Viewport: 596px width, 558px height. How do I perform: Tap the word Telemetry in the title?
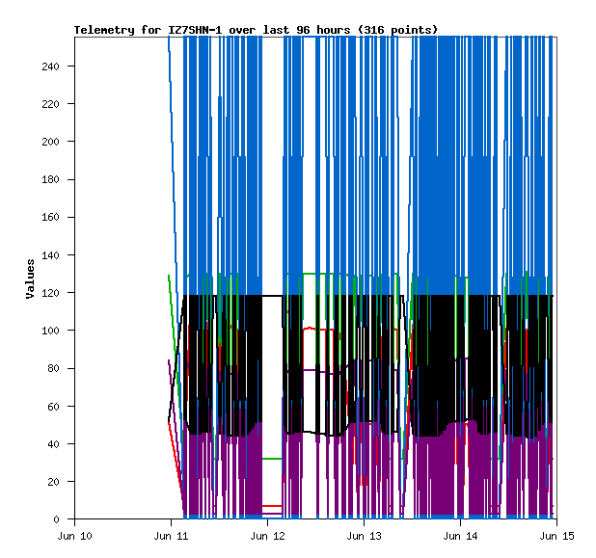pyautogui.click(x=104, y=30)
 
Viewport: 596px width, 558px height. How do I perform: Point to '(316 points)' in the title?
pyautogui.click(x=397, y=30)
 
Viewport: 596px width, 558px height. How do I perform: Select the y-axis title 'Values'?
pyautogui.click(x=30, y=278)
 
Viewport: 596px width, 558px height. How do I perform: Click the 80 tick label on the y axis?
pyautogui.click(x=59, y=368)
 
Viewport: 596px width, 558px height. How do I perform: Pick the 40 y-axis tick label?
pyautogui.click(x=59, y=444)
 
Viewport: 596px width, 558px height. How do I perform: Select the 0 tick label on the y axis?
pyautogui.click(x=63, y=519)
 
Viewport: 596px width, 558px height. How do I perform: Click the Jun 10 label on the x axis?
pyautogui.click(x=75, y=536)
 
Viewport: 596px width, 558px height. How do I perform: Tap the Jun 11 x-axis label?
pyautogui.click(x=171, y=536)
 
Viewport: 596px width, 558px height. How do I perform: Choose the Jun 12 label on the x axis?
pyautogui.click(x=267, y=536)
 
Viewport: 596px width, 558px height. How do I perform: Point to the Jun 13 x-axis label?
pyautogui.click(x=363, y=536)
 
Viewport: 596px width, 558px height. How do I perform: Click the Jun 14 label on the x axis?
pyautogui.click(x=459, y=536)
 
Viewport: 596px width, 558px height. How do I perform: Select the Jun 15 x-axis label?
pyautogui.click(x=555, y=536)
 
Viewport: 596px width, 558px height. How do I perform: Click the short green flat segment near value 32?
pyautogui.click(x=272, y=459)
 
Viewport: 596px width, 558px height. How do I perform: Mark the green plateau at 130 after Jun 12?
pyautogui.click(x=326, y=274)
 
